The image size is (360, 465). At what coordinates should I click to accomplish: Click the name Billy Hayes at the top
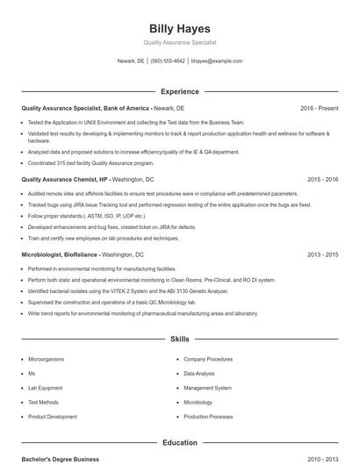(179, 29)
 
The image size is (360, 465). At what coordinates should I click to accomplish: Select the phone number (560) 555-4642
(167, 61)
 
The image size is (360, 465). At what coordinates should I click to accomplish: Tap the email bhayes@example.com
(216, 61)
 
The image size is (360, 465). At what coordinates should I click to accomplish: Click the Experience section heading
(179, 91)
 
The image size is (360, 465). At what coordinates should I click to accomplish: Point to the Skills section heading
(179, 338)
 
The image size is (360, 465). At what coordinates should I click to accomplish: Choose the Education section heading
(179, 443)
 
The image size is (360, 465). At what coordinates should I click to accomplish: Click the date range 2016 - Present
(319, 108)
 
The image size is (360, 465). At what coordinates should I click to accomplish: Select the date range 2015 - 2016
(322, 179)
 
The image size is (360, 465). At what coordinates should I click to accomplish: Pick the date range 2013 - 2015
(322, 254)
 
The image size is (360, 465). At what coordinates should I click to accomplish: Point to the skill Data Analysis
(199, 374)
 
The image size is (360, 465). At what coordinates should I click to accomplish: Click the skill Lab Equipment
(45, 388)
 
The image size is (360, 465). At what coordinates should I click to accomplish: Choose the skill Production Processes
(208, 417)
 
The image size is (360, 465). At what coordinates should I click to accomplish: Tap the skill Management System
(207, 388)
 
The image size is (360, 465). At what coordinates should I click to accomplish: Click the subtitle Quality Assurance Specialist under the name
(179, 42)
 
